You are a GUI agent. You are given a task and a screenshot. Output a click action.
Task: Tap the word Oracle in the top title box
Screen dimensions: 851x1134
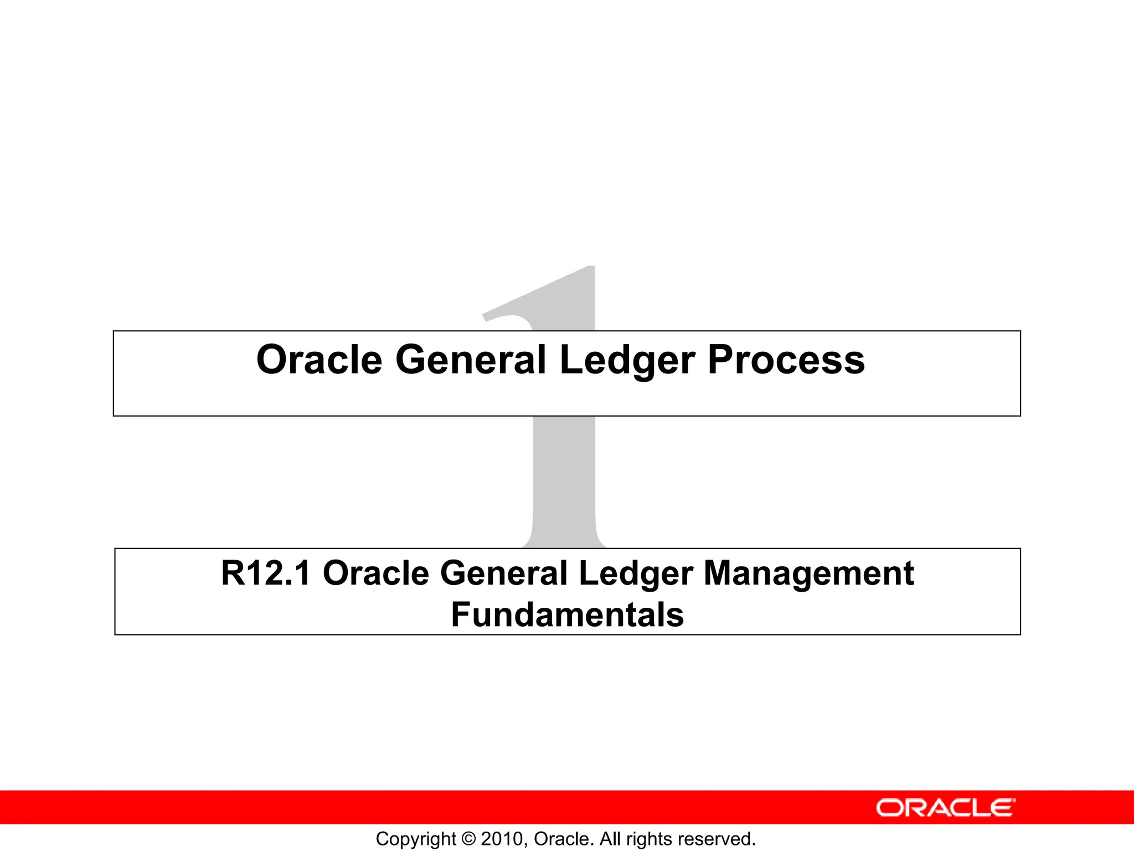tap(319, 360)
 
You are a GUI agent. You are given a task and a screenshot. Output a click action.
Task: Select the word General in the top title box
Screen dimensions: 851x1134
tap(471, 360)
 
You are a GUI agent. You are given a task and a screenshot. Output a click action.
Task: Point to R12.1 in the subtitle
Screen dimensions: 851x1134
tap(265, 573)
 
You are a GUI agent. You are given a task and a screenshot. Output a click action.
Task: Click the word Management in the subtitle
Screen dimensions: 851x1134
tap(808, 574)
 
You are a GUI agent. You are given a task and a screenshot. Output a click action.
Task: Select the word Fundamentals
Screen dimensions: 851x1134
tap(567, 615)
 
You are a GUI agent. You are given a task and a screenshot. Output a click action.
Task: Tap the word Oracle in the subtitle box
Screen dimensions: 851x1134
tap(375, 573)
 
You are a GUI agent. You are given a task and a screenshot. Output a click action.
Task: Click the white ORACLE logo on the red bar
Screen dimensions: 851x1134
tap(945, 808)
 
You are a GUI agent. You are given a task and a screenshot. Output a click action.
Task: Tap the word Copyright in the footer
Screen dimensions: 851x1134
tap(416, 839)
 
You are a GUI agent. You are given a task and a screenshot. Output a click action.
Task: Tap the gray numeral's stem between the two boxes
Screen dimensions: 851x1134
tap(564, 482)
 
